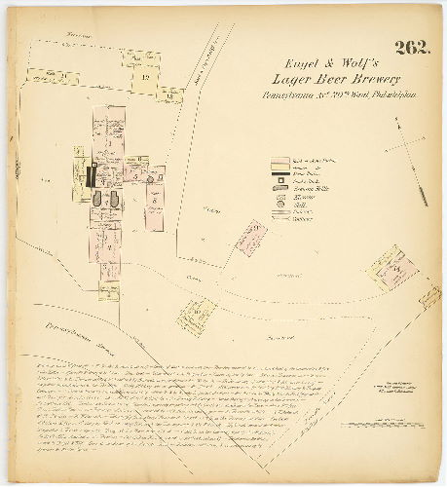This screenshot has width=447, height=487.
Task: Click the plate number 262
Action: click(409, 49)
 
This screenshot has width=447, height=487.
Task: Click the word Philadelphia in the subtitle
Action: click(379, 95)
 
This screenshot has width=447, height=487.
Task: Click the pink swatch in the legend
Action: click(277, 156)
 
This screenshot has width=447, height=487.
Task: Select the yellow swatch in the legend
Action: click(277, 165)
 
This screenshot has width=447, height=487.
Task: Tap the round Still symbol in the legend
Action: click(277, 204)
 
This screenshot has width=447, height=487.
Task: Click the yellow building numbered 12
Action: click(144, 75)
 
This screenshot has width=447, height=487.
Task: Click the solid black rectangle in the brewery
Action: click(91, 176)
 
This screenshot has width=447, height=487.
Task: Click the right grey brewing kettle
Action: click(116, 199)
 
